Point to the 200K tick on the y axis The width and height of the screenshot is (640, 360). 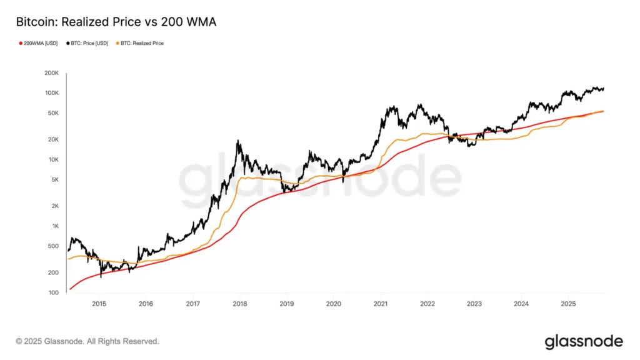pyautogui.click(x=51, y=73)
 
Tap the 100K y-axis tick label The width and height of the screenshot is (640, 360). pyautogui.click(x=51, y=93)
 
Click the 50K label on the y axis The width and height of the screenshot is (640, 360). pyautogui.click(x=52, y=113)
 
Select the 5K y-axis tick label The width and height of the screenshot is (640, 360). pyautogui.click(x=54, y=180)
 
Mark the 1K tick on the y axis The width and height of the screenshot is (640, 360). pyautogui.click(x=54, y=226)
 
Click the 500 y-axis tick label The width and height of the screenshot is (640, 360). pyautogui.click(x=53, y=246)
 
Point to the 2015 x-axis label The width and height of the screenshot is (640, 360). pyautogui.click(x=99, y=304)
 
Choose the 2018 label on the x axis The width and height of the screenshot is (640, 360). pyautogui.click(x=239, y=304)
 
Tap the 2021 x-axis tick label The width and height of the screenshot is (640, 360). pyautogui.click(x=380, y=304)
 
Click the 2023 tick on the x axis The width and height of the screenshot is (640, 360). pyautogui.click(x=474, y=304)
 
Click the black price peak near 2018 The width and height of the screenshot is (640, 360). pyautogui.click(x=238, y=142)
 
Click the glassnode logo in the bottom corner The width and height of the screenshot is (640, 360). pyautogui.click(x=584, y=341)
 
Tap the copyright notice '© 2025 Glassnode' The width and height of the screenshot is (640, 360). pyautogui.click(x=87, y=341)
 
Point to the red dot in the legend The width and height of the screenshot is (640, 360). pyautogui.click(x=21, y=43)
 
